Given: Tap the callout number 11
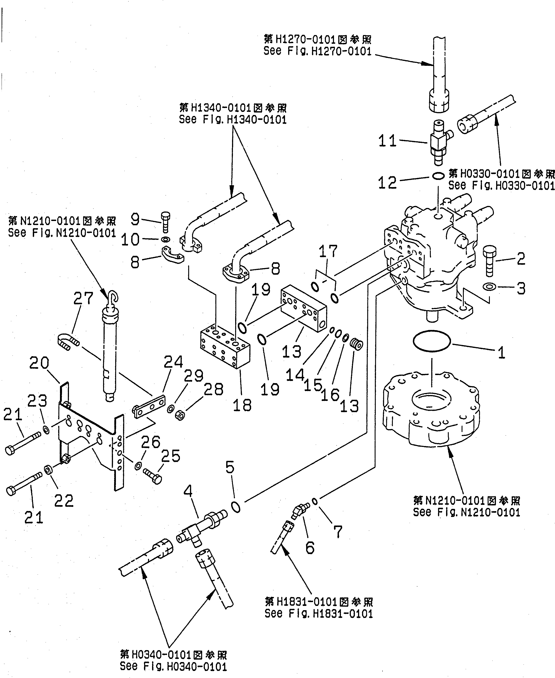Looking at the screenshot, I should click(x=387, y=141).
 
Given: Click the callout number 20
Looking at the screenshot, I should click(x=39, y=363).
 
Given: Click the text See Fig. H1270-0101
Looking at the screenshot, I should click(x=317, y=51).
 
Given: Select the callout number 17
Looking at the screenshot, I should click(x=328, y=251).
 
